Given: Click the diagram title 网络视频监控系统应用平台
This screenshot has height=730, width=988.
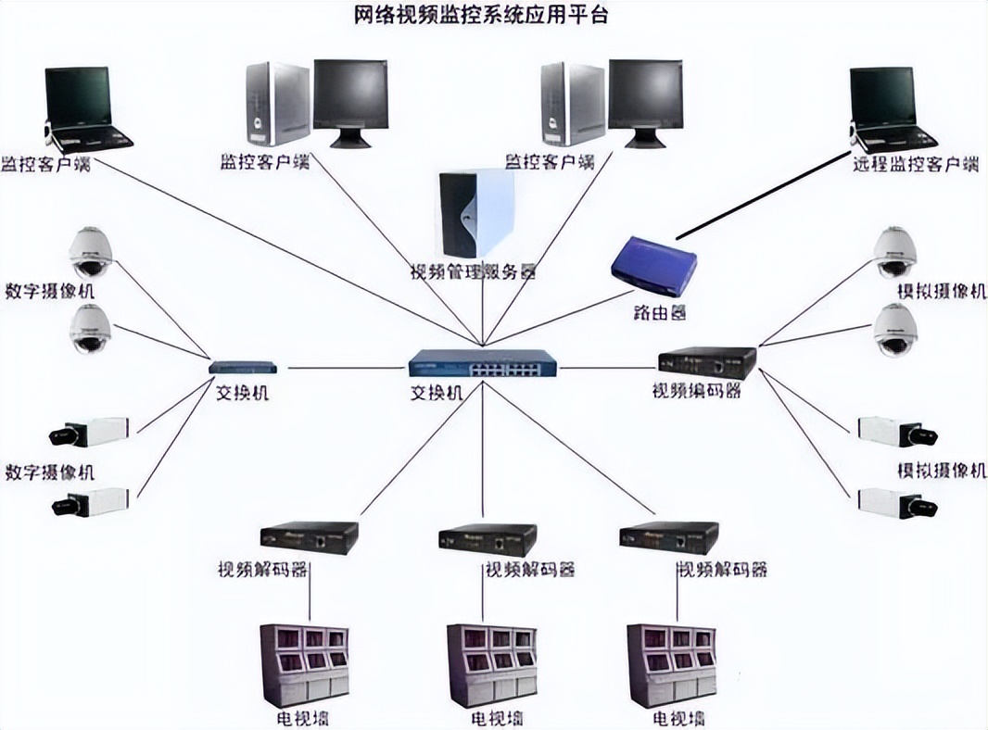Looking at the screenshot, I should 482,16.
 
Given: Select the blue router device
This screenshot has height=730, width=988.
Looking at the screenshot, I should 652,265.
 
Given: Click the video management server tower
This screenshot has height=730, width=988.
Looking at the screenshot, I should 476,214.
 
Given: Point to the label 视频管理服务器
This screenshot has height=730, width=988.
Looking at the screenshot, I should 474,272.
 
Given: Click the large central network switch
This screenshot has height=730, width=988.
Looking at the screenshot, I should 483,362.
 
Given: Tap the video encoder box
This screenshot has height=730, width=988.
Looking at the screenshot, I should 707,362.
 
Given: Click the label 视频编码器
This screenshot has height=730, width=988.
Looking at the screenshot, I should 697,391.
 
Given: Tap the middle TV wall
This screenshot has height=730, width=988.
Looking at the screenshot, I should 490,663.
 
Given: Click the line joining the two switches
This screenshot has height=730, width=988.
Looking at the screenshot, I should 343,368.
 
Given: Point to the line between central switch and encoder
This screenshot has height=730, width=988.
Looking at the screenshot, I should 607,367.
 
